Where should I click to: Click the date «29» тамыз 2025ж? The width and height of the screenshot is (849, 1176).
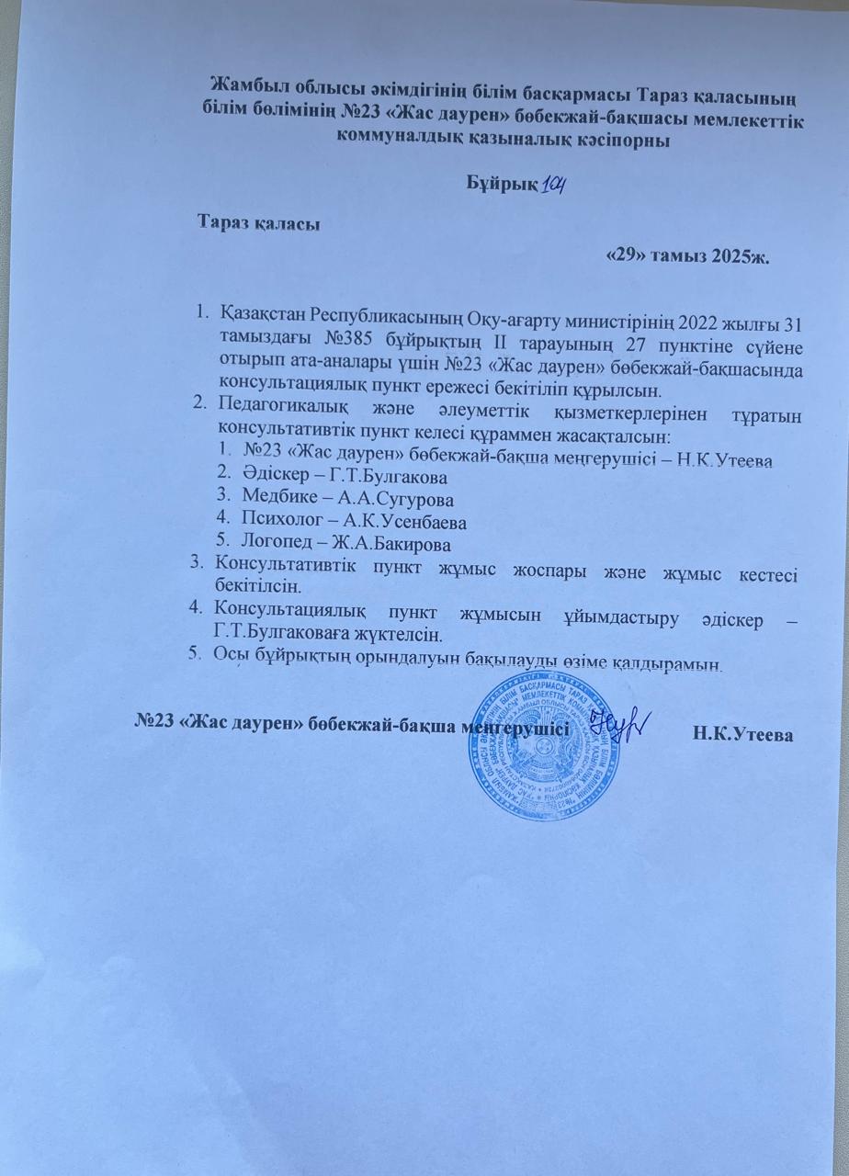click(689, 255)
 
